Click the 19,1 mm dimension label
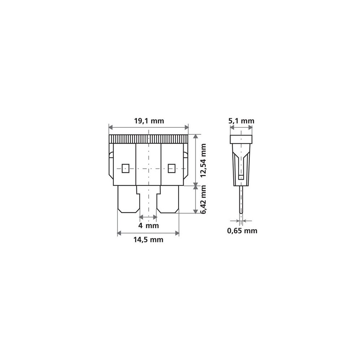149,121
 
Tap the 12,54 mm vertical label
203,160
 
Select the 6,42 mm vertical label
203,199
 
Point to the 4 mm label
149,225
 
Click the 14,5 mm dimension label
148,240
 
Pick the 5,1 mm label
241,121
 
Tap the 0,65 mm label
242,230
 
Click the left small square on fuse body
125,168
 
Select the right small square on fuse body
171,168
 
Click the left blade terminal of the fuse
129,199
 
